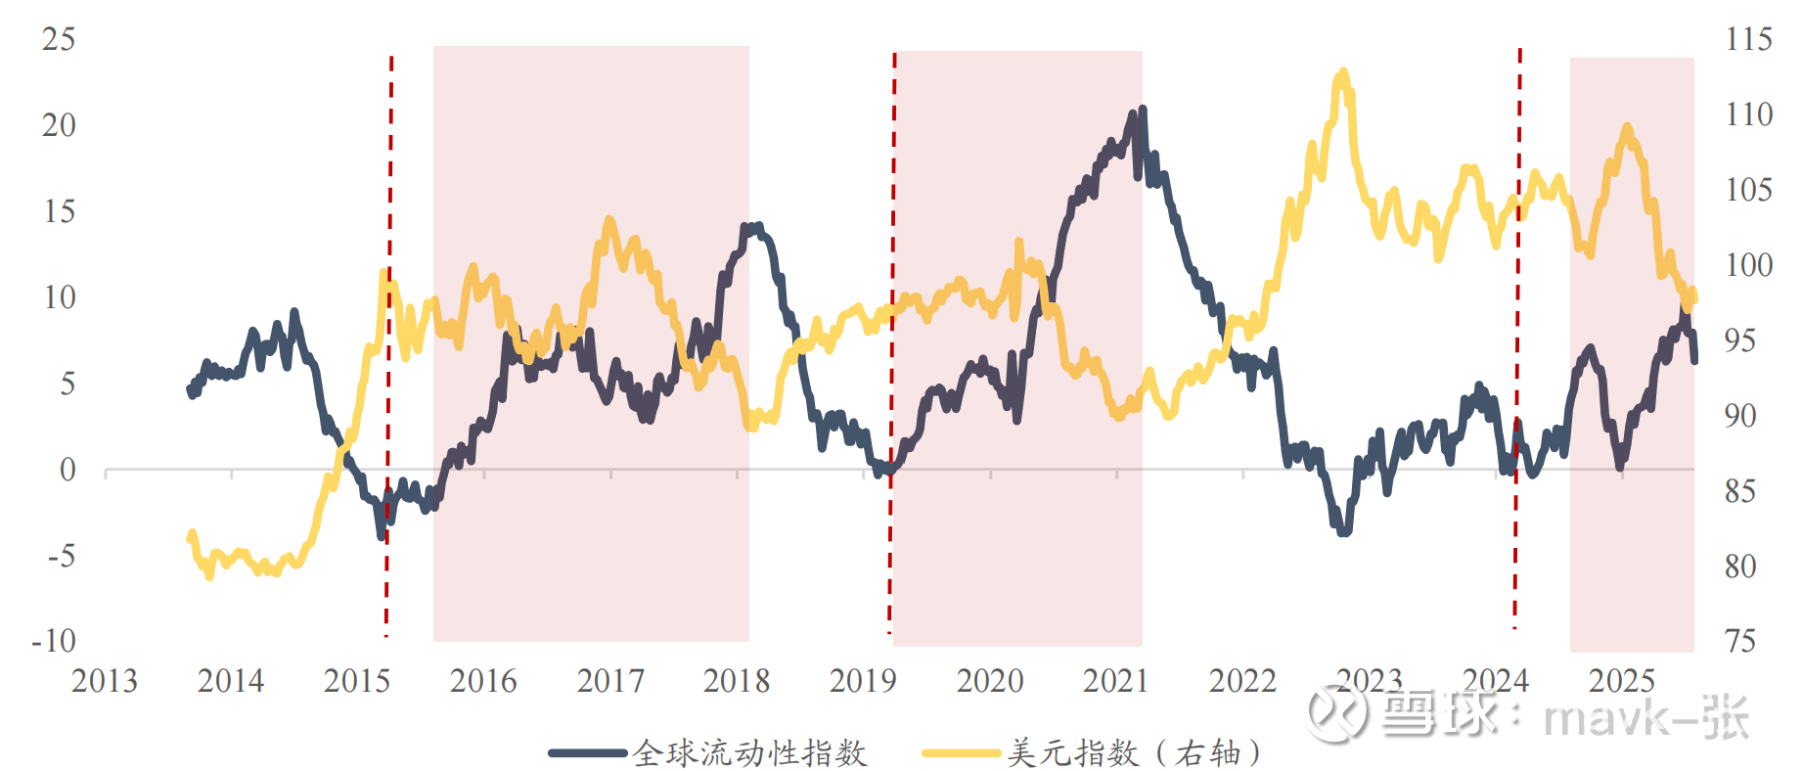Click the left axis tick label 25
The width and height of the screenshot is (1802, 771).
pos(59,39)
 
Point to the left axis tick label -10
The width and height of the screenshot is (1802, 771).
pos(54,641)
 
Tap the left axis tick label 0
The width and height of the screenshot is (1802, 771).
pos(67,470)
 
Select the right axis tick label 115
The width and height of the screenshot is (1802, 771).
pos(1748,39)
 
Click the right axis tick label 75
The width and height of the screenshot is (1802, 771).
pos(1740,641)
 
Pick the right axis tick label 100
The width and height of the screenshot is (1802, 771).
pos(1748,265)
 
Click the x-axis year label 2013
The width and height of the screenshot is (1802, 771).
pos(105,681)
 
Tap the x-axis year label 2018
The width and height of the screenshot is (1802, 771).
pos(737,681)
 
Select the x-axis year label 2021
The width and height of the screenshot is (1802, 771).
pos(1116,681)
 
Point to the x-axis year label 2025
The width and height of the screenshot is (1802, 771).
pos(1622,681)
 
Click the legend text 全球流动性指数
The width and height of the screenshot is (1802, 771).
pos(750,752)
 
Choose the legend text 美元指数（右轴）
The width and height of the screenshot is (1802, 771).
pos(1135,752)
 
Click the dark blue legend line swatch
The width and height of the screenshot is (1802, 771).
pos(587,752)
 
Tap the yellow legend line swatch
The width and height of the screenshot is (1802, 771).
pos(962,752)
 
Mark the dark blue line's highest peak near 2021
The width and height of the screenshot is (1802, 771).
pos(1143,110)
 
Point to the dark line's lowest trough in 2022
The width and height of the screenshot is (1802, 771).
pos(1344,532)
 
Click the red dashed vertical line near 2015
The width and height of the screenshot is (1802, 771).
pos(389,342)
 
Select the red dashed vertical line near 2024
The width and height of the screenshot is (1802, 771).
pos(1518,342)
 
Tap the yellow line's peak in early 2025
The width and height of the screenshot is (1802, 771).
pos(1627,126)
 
